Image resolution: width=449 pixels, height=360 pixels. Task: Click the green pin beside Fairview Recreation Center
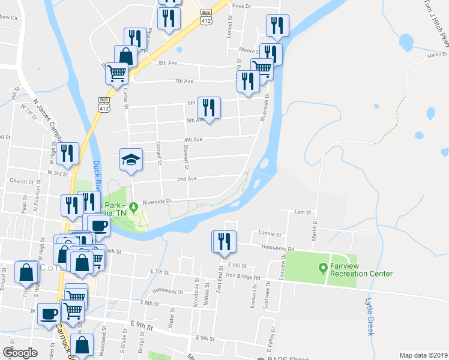tap(323, 268)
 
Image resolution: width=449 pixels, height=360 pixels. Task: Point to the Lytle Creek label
tap(370, 318)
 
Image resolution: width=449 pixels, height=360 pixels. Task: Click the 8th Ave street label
tap(166, 62)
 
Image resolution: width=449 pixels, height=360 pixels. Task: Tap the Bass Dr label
tap(241, 5)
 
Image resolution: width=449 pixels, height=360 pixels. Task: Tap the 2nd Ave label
tap(187, 179)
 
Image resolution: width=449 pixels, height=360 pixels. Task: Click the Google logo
tap(20, 353)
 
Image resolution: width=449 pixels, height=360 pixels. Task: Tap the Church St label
tap(20, 181)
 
